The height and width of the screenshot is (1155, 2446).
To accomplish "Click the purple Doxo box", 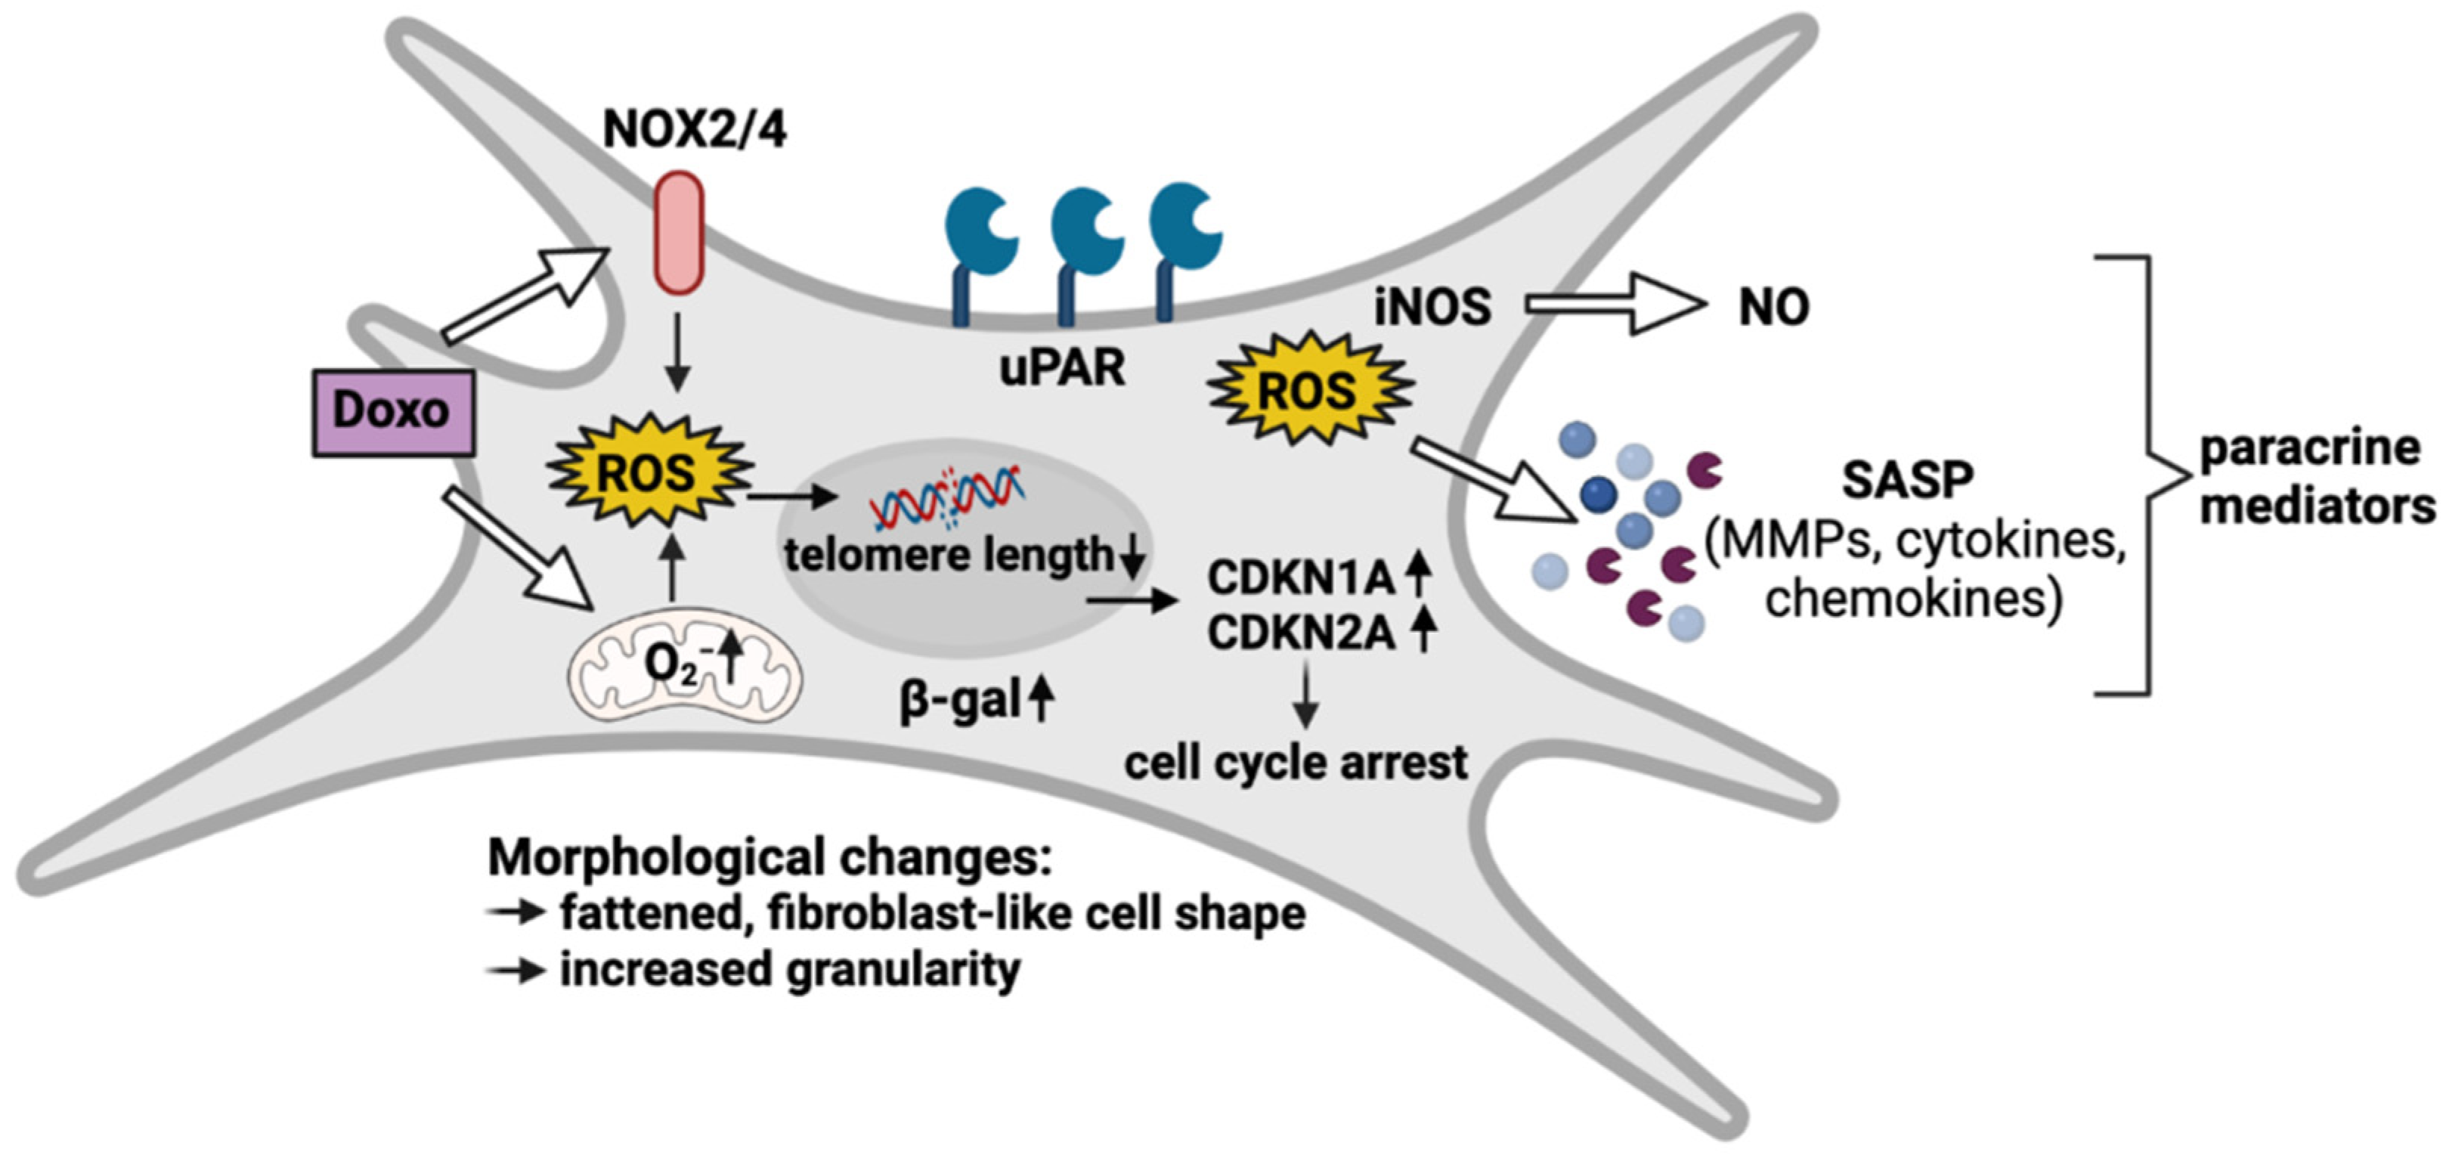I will click(393, 412).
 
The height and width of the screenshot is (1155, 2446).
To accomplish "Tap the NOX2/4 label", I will click(694, 130).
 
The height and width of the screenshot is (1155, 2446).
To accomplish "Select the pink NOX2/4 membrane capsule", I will click(678, 233).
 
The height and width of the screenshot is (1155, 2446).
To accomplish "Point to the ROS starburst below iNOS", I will click(1308, 389).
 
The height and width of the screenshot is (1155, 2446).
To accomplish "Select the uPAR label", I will click(1061, 367).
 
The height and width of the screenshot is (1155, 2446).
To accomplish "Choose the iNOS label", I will click(1432, 307).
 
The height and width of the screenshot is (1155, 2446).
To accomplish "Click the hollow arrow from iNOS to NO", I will click(1615, 305).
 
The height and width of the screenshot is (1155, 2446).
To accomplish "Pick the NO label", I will click(1773, 307).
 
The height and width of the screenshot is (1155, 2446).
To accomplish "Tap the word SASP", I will click(1908, 480).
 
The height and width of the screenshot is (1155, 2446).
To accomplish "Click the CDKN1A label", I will click(1300, 577).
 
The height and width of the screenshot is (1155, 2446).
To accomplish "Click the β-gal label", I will click(959, 702).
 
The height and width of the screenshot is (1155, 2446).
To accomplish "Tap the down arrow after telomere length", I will click(1132, 559).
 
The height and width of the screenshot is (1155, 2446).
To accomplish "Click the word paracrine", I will click(2309, 448).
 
